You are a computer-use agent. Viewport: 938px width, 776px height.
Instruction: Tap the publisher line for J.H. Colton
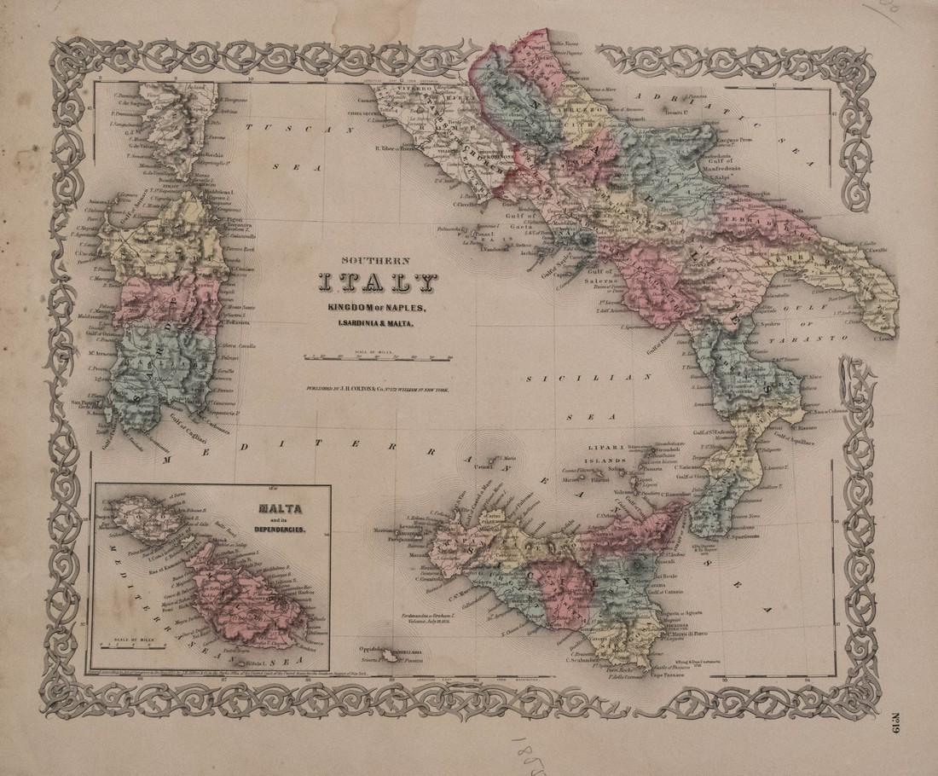pyautogui.click(x=379, y=389)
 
